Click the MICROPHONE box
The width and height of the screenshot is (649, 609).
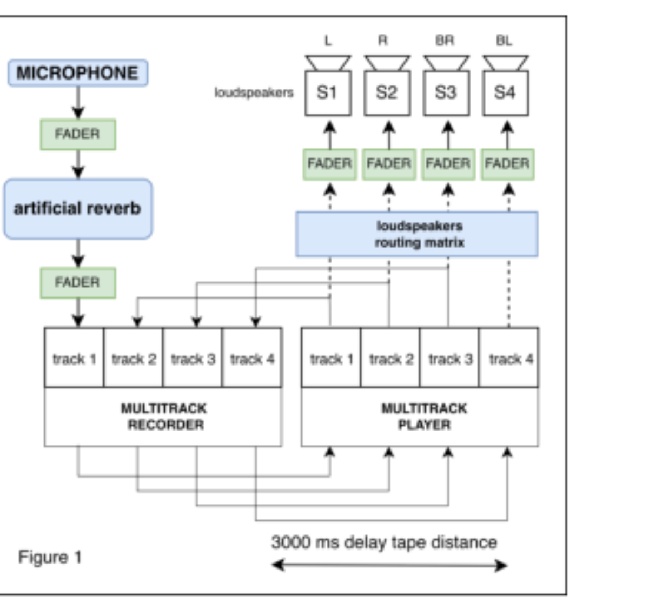[x=78, y=73]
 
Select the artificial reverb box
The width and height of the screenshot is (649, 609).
[x=78, y=209]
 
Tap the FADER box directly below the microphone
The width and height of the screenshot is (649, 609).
[x=78, y=134]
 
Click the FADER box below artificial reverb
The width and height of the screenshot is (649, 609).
[x=78, y=283]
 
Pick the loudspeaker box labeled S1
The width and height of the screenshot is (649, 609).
[x=328, y=93]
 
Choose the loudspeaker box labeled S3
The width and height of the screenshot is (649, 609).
[x=446, y=93]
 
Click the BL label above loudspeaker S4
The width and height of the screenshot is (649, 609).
[x=504, y=41]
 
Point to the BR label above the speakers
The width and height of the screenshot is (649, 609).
[x=445, y=41]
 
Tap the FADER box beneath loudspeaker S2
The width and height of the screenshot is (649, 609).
[x=389, y=164]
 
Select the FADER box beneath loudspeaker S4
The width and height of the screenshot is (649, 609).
[x=507, y=164]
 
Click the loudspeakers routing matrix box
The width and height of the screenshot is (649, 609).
[x=417, y=234]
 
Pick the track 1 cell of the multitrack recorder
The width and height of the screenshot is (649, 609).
[x=74, y=358]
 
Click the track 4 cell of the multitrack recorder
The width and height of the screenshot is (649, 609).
[x=251, y=358]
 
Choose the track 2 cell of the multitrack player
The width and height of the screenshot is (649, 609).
[x=390, y=358]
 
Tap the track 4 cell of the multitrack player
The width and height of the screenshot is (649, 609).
[x=509, y=358]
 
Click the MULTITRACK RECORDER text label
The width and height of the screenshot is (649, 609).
[x=164, y=416]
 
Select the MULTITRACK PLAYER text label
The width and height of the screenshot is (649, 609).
[x=424, y=416]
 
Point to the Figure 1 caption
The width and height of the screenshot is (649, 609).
[x=50, y=557]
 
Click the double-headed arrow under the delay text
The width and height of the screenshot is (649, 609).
[x=389, y=565]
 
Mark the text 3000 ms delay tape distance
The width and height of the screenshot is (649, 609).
[x=385, y=543]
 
